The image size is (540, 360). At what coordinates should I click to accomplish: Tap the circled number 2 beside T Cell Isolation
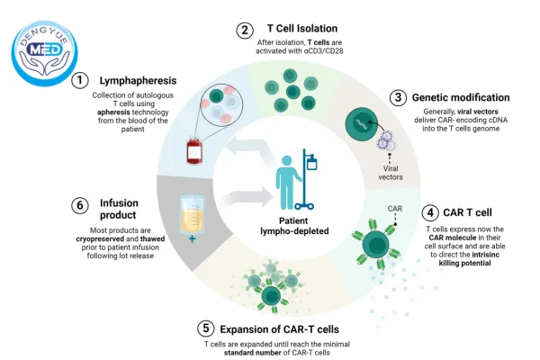coord(244,30)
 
